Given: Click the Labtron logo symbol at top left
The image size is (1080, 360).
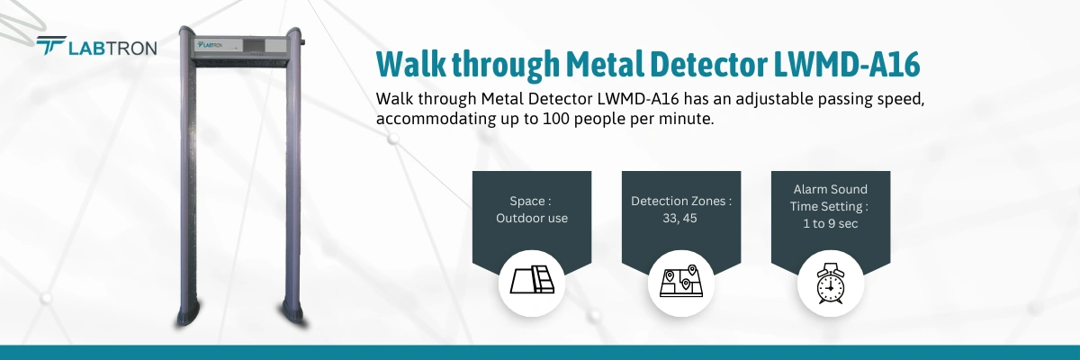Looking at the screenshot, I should pyautogui.click(x=51, y=46).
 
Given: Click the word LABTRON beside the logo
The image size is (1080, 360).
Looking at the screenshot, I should pyautogui.click(x=112, y=47).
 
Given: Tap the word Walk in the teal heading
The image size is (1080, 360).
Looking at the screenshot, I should pyautogui.click(x=405, y=66).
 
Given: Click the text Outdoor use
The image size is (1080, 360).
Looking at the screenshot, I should pyautogui.click(x=532, y=217).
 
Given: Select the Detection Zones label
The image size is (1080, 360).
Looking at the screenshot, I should pyautogui.click(x=681, y=202).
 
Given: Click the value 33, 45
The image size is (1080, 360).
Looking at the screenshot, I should pyautogui.click(x=681, y=217).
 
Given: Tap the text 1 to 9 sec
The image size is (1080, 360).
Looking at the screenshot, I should pyautogui.click(x=830, y=222).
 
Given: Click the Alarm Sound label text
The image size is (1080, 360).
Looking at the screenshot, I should pyautogui.click(x=830, y=189).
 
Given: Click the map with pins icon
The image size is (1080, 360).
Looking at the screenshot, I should pyautogui.click(x=681, y=283).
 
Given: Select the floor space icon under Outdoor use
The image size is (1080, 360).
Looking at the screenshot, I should pyautogui.click(x=532, y=283).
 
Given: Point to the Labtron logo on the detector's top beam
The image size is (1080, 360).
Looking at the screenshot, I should pyautogui.click(x=210, y=43).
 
